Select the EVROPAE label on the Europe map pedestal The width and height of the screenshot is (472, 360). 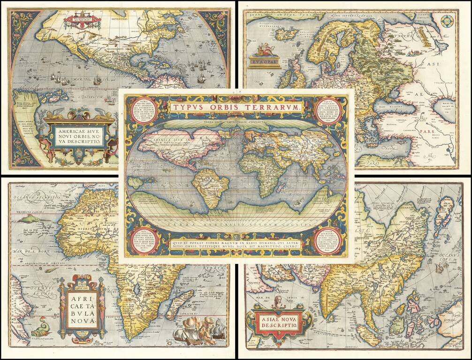(265, 60)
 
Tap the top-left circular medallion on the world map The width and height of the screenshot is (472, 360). (138, 110)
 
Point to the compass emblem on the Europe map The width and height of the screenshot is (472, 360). (449, 21)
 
